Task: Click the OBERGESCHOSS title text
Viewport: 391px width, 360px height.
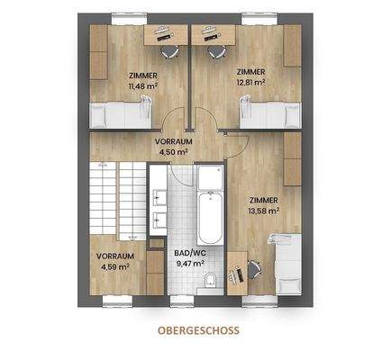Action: pyautogui.click(x=195, y=330)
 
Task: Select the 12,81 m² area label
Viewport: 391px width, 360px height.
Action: pyautogui.click(x=251, y=81)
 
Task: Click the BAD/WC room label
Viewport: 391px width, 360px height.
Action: pyautogui.click(x=188, y=254)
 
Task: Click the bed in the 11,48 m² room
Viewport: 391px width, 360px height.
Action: pyautogui.click(x=120, y=114)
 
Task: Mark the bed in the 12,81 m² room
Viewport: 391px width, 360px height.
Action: pyautogui.click(x=266, y=114)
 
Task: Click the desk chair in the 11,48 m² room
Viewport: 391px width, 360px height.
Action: pyautogui.click(x=162, y=35)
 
